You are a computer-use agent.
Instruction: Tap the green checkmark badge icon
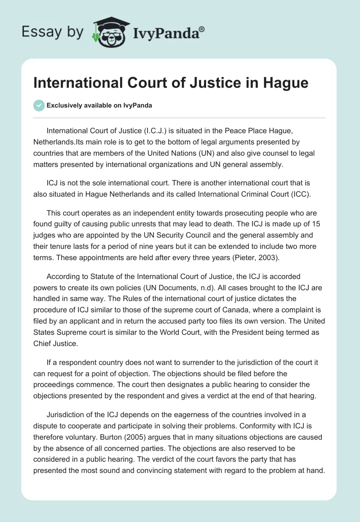(x=39, y=105)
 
